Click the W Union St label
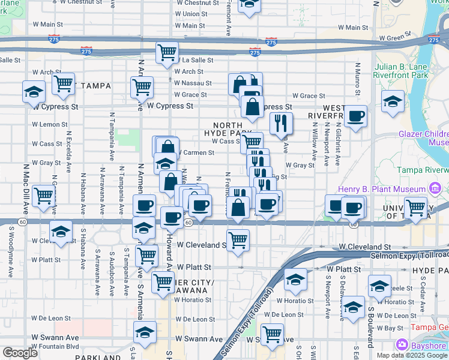pyautogui.click(x=191, y=14)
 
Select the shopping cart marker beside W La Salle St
pyautogui.click(x=167, y=52)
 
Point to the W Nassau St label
pyautogui.click(x=193, y=83)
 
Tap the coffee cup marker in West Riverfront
pyautogui.click(x=355, y=116)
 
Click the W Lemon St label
pyautogui.click(x=50, y=125)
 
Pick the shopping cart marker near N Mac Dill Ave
pyautogui.click(x=44, y=196)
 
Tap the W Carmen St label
pyautogui.click(x=196, y=153)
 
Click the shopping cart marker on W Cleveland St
pyautogui.click(x=238, y=239)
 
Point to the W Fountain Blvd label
pyautogui.click(x=55, y=347)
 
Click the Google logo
pyautogui.click(x=20, y=353)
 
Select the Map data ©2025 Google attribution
pyautogui.click(x=411, y=355)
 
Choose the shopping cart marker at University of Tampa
pyautogui.click(x=415, y=208)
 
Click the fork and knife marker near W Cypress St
pyautogui.click(x=281, y=123)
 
